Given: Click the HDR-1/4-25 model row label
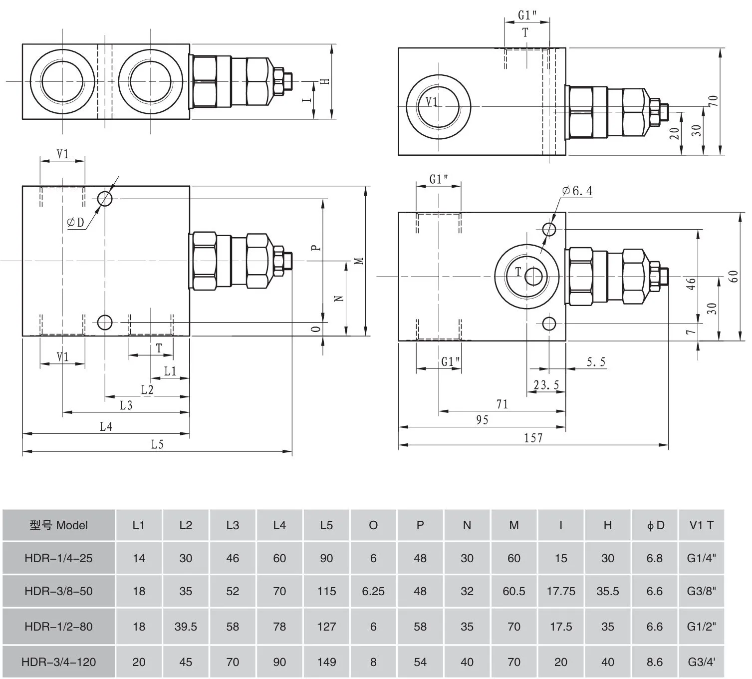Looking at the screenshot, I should point(58,558).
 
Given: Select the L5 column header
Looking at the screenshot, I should point(326,525).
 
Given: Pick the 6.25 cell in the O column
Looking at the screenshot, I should point(373,591).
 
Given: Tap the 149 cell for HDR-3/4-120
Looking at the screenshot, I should point(326,662).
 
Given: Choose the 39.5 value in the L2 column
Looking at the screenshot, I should point(186,627).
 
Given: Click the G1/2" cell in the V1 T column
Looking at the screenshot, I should point(701,627).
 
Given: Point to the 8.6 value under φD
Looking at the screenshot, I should point(654,662).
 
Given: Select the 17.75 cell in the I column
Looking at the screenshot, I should point(561,591).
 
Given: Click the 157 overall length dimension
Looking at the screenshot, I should point(533,438).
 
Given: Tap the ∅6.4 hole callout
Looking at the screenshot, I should point(577,191).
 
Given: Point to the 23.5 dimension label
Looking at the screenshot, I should point(546,385).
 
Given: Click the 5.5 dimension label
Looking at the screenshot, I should point(596,362).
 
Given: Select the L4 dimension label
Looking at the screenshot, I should point(106,426).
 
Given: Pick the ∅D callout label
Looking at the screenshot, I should point(76,223).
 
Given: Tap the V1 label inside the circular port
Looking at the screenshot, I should point(432,102).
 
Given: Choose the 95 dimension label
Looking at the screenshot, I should point(482,420).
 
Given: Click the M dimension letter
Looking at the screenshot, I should point(359,261).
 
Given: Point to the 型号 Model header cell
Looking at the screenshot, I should point(58,525).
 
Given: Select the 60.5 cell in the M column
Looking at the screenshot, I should point(514,591).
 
